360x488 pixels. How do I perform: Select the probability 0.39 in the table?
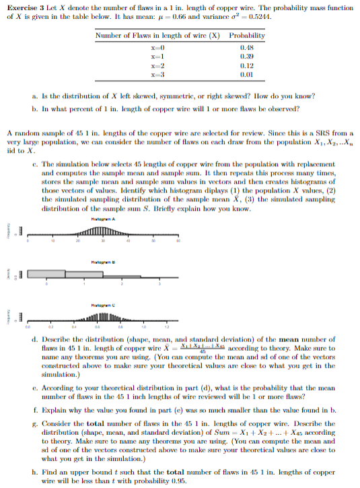[248, 58]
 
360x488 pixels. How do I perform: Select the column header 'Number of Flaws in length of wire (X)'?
[158, 36]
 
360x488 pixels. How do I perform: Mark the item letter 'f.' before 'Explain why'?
[34, 409]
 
